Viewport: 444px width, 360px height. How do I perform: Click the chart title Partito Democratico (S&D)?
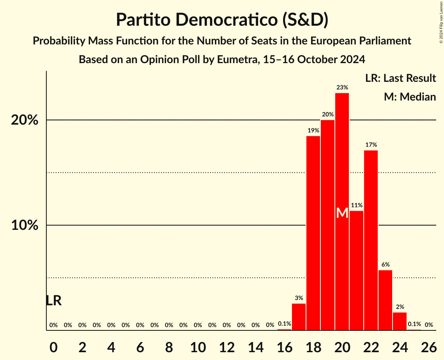[222, 19]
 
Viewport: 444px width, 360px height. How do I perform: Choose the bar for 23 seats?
[385, 300]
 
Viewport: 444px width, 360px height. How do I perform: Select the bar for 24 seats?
[400, 321]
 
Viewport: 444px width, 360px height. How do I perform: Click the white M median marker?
[342, 213]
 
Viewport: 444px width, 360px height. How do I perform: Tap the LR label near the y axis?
[53, 300]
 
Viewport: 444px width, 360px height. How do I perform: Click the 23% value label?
[342, 87]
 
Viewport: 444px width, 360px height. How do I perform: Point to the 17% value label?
[371, 145]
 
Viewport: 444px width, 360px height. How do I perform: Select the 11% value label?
[356, 205]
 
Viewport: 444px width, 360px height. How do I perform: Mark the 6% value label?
[385, 265]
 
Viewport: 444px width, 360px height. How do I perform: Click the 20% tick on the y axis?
[25, 120]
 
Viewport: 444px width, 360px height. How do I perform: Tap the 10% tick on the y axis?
[25, 225]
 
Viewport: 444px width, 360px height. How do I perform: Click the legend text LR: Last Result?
[400, 78]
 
